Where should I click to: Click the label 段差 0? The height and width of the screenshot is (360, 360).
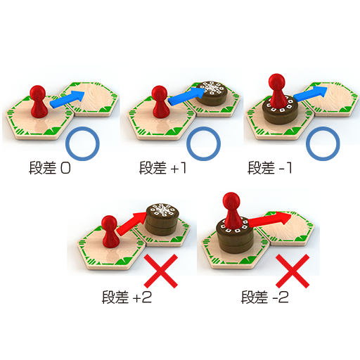coord(49,168)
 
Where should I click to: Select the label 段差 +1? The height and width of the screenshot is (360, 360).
coord(162,168)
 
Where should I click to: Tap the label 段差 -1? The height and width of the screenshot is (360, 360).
coord(270,168)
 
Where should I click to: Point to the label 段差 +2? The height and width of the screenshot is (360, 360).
coord(127,297)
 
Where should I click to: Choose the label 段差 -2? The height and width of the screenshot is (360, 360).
coord(265,297)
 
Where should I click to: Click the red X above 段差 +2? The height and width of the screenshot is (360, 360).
coord(161,271)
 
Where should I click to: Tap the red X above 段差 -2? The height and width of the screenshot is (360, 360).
coord(292,271)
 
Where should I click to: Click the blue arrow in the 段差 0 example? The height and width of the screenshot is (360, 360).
coord(67,99)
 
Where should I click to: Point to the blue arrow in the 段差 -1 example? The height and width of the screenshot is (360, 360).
coord(310,94)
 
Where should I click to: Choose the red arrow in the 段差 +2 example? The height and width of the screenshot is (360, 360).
coord(131,224)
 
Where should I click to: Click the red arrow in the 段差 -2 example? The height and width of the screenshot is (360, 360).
coord(269,219)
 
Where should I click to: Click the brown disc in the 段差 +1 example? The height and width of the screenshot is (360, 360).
coord(211,93)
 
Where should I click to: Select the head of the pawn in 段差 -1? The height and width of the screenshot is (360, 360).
coord(277,82)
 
